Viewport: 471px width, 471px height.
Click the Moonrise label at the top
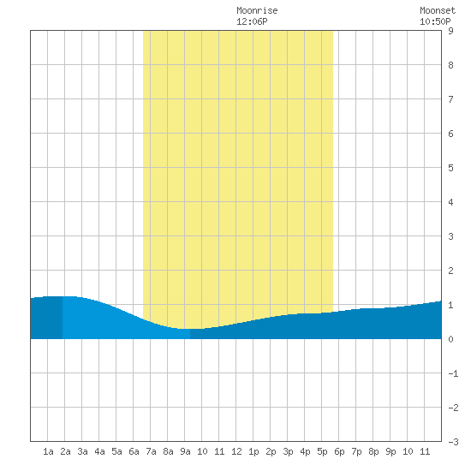pos(257,10)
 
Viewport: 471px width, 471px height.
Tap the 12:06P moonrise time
pos(252,21)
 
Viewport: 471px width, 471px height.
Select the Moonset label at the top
pos(438,10)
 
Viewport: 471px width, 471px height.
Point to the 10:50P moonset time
pos(435,21)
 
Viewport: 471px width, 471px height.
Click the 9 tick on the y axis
pos(450,31)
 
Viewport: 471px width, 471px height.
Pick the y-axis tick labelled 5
pos(450,168)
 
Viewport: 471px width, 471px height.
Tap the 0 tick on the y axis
pos(450,339)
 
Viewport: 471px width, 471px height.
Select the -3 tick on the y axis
pos(453,442)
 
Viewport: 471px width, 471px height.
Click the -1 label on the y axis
pos(453,373)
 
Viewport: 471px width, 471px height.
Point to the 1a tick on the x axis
pos(48,451)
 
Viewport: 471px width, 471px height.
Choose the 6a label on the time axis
pos(134,451)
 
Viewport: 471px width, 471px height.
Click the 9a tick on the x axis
pos(185,451)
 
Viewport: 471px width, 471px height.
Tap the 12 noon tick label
pos(236,451)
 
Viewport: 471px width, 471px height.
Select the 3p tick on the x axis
pos(288,451)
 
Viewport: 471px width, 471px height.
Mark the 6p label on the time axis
pos(339,451)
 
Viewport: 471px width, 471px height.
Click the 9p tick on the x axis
pos(391,451)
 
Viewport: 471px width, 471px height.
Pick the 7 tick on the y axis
pos(450,99)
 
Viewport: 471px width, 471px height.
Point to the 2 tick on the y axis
pos(450,271)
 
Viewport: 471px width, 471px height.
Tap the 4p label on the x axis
pos(305,451)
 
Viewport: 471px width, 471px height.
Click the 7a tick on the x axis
pos(151,451)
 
